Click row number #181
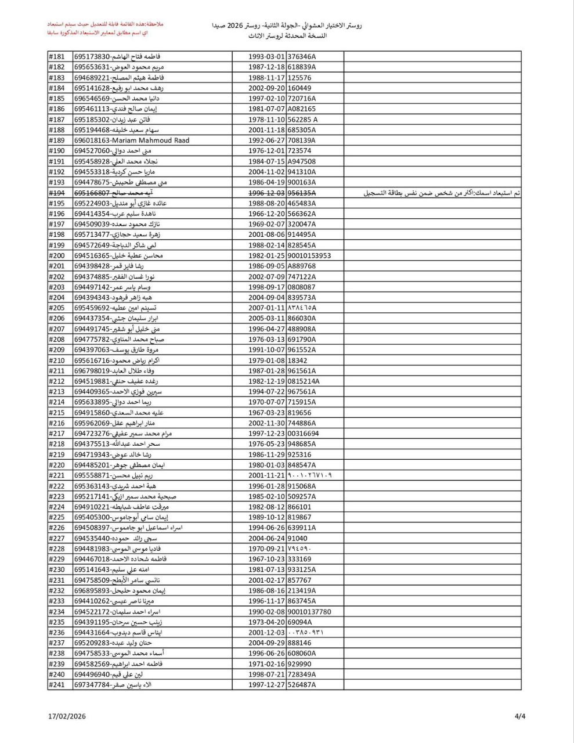56,57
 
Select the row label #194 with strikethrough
56,193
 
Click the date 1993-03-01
266,57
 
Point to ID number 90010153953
309,255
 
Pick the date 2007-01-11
266,308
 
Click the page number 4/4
520,716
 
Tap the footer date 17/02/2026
67,717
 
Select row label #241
56,684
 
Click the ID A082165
302,109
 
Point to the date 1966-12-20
266,214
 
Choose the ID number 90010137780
309,611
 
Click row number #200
56,255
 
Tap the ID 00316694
303,434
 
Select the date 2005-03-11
266,318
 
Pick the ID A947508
302,161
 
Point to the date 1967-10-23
266,559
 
